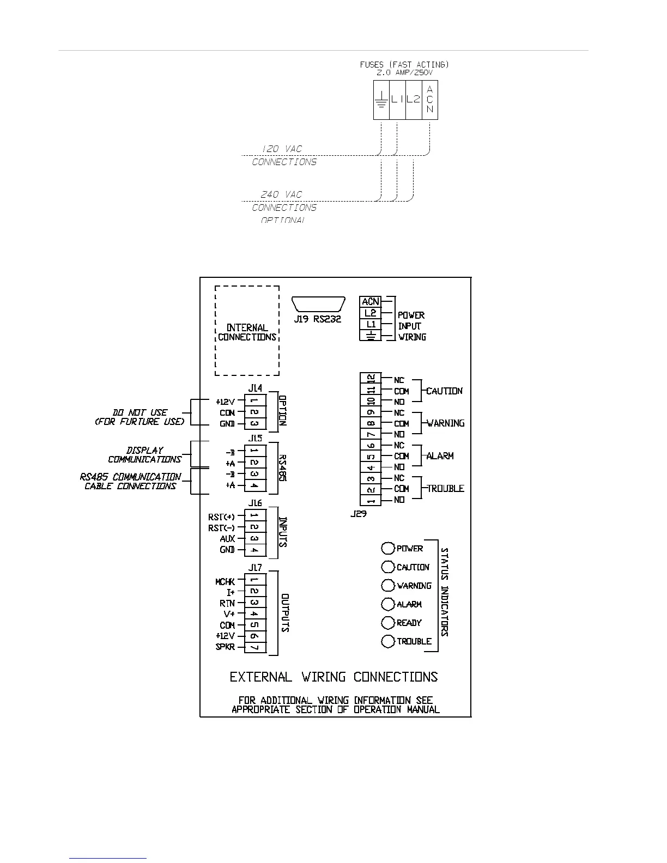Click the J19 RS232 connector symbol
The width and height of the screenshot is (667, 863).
pyautogui.click(x=318, y=305)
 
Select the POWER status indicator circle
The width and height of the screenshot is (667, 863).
pyautogui.click(x=388, y=548)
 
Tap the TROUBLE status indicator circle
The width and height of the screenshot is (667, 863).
pyautogui.click(x=388, y=641)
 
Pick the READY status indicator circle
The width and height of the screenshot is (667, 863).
pyautogui.click(x=388, y=623)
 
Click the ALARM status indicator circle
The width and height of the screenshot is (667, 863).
pyautogui.click(x=388, y=604)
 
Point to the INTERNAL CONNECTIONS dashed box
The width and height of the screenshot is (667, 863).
pyautogui.click(x=247, y=331)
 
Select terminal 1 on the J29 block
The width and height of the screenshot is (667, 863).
pyautogui.click(x=371, y=500)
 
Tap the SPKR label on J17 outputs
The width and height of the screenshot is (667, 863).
pyautogui.click(x=226, y=647)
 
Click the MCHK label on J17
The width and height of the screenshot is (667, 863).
pyautogui.click(x=225, y=582)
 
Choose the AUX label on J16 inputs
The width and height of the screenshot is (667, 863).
pyautogui.click(x=227, y=538)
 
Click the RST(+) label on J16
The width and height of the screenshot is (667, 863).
pyautogui.click(x=221, y=516)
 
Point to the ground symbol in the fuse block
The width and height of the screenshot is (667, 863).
pyautogui.click(x=381, y=100)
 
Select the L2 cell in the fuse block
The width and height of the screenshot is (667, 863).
pyautogui.click(x=414, y=100)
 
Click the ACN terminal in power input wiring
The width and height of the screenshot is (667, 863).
pyautogui.click(x=370, y=301)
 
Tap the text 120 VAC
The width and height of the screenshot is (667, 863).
pyautogui.click(x=282, y=149)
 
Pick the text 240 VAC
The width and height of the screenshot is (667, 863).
pyautogui.click(x=281, y=195)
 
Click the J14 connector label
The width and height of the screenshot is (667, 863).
pyautogui.click(x=255, y=388)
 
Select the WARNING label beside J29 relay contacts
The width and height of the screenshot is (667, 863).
pyautogui.click(x=446, y=423)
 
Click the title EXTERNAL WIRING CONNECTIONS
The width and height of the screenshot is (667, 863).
pyautogui.click(x=333, y=677)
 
